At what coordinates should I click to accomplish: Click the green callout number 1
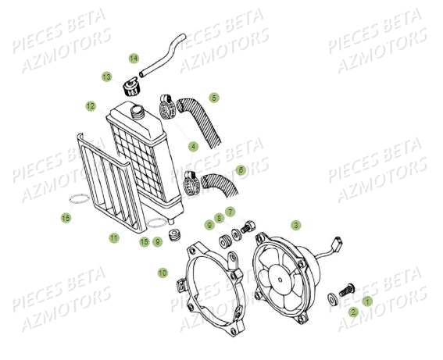[368, 300]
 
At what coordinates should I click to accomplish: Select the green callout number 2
[353, 312]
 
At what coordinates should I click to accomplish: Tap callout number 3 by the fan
[295, 225]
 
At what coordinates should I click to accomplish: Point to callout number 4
[193, 146]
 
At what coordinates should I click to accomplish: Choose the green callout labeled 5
[214, 98]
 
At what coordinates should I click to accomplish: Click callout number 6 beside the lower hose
[240, 169]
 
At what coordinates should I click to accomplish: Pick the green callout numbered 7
[230, 212]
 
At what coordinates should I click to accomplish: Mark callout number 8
[220, 218]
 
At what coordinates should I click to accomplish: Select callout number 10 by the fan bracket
[163, 273]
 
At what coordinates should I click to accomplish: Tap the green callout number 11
[114, 237]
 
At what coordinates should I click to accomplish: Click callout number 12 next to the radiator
[91, 105]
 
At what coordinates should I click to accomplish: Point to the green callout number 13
[105, 77]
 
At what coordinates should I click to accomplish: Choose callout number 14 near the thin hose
[134, 58]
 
